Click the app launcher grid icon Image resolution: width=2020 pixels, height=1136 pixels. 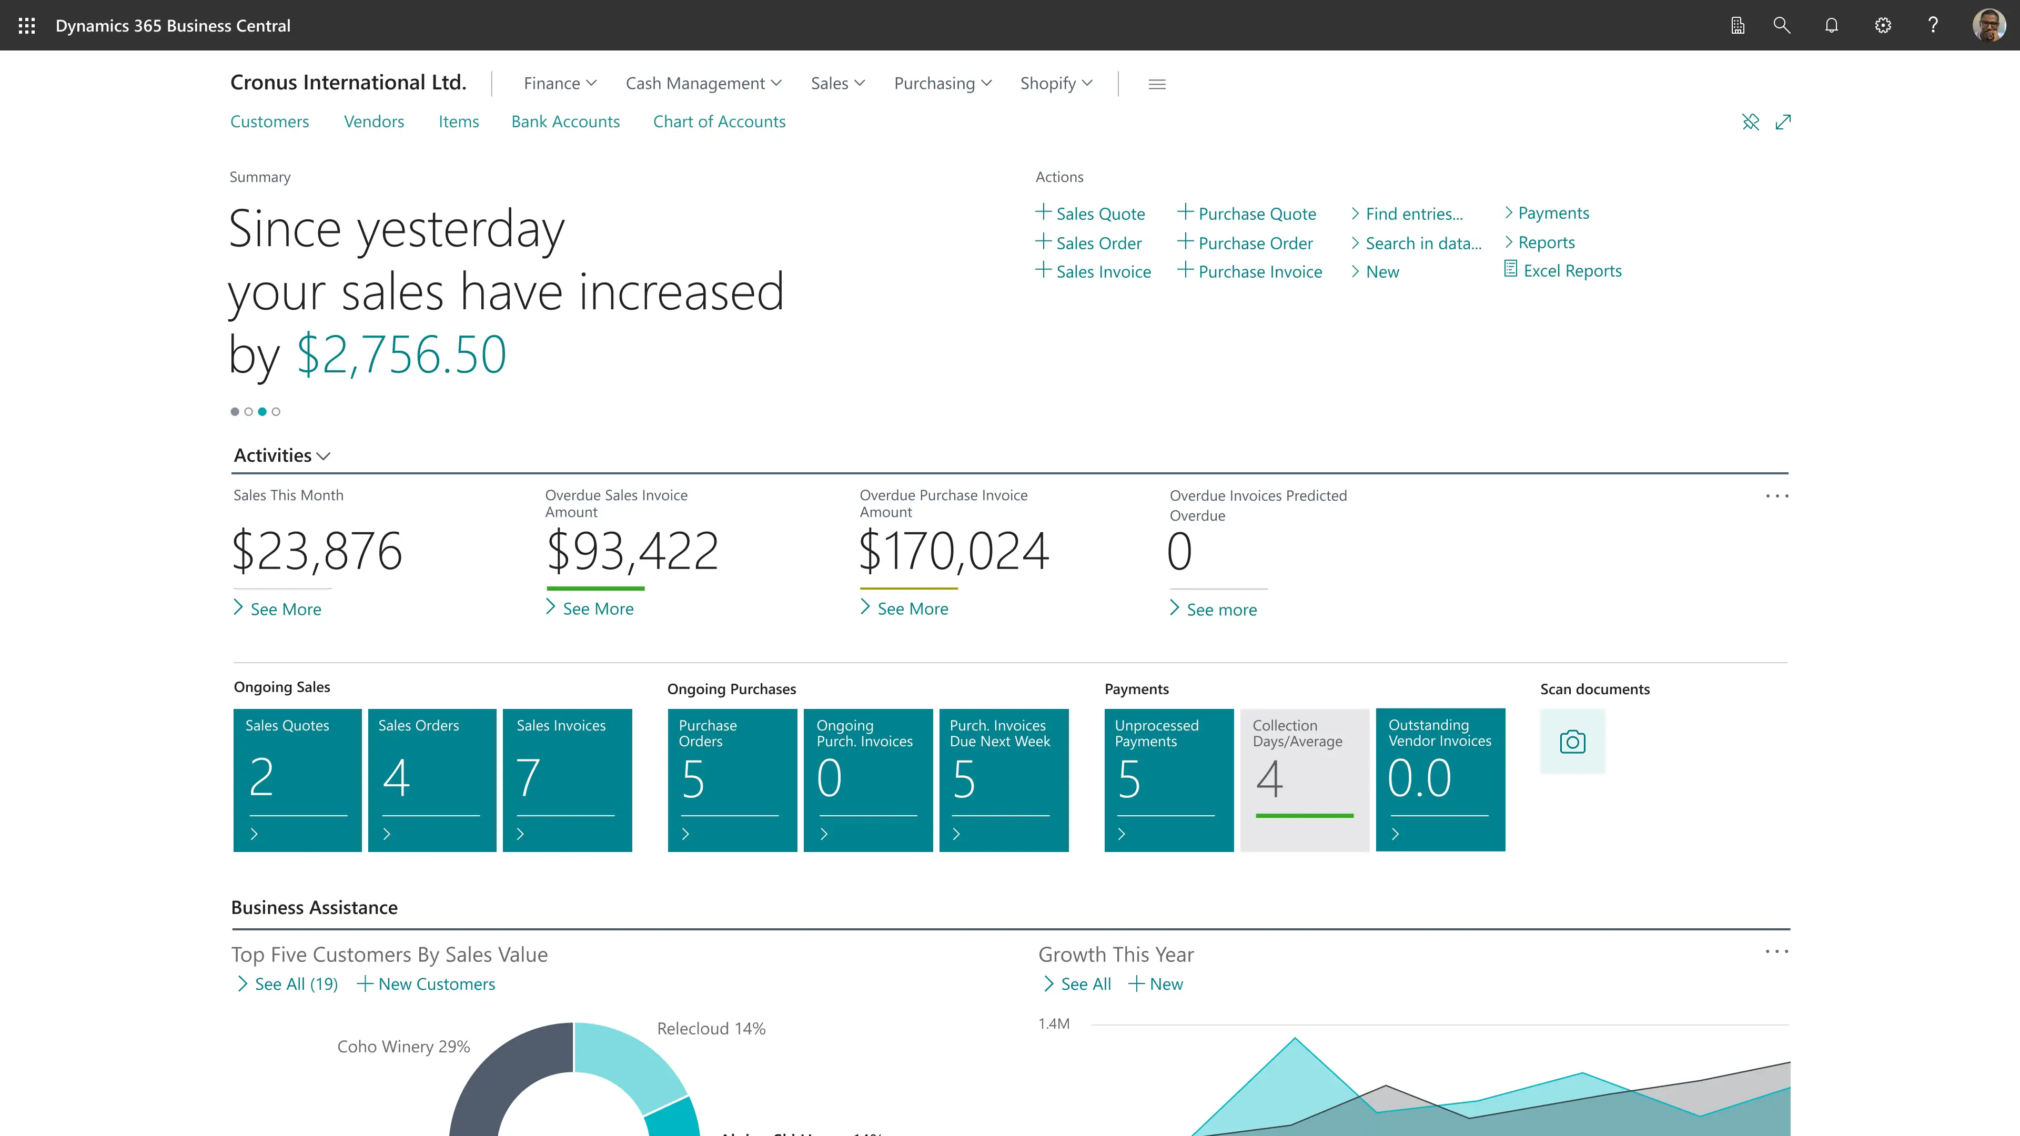click(27, 26)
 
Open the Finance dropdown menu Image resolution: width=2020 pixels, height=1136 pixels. click(560, 83)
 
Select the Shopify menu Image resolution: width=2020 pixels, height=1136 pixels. click(1055, 83)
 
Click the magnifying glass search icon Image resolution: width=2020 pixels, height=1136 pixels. click(1782, 26)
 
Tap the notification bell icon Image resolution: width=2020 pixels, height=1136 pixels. click(1832, 26)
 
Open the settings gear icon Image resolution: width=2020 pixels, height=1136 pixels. click(1883, 26)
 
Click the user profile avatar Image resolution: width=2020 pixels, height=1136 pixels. click(1988, 26)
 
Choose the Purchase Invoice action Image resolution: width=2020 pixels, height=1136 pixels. click(1259, 272)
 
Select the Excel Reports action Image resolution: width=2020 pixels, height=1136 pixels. click(1571, 270)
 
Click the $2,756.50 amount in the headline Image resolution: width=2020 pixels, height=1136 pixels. click(401, 354)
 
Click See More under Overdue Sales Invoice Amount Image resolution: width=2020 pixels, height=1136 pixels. click(598, 609)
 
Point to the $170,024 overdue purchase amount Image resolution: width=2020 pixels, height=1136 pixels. click(954, 551)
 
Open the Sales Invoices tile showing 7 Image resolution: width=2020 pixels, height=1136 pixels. click(567, 779)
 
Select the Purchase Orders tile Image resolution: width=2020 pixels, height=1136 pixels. click(732, 779)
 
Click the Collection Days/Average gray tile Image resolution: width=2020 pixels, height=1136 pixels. click(1304, 779)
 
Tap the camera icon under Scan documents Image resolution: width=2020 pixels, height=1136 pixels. click(1572, 742)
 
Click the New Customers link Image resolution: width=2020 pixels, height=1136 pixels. click(436, 984)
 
